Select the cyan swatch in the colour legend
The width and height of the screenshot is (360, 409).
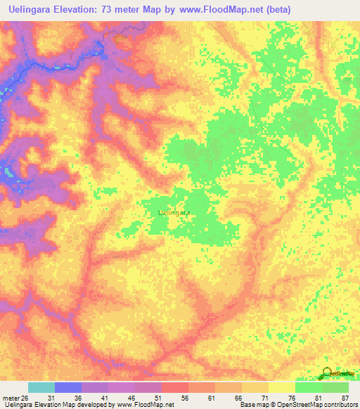(41, 387)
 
